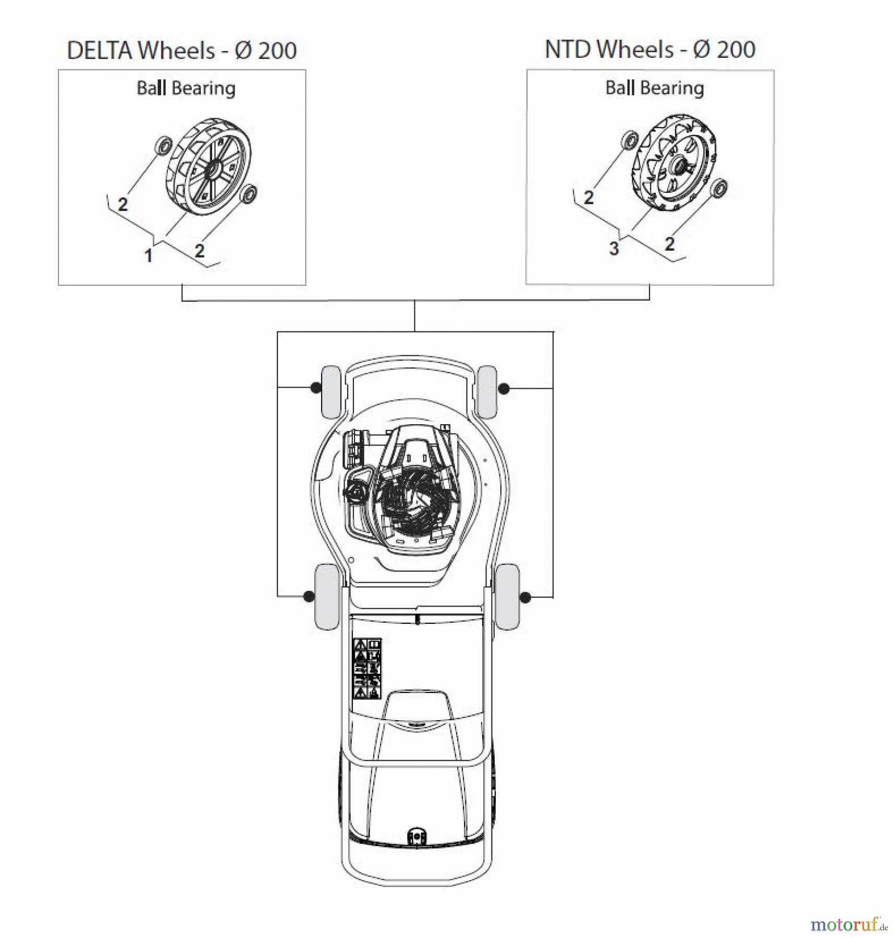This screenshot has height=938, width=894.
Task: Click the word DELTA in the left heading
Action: [99, 51]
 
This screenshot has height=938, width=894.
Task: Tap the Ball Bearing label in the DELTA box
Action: [186, 88]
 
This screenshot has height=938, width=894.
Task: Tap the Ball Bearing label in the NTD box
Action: [654, 88]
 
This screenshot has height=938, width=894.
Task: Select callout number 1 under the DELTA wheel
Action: [149, 255]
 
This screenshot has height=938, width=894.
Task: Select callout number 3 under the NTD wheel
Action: [614, 249]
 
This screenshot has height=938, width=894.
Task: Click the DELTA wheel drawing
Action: [208, 167]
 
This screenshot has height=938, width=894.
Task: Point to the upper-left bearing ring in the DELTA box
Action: [164, 144]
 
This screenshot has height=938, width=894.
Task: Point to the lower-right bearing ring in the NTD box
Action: [720, 188]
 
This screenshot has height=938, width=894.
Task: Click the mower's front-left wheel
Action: [330, 392]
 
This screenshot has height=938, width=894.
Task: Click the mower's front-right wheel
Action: [487, 391]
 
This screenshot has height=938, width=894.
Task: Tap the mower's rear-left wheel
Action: [327, 596]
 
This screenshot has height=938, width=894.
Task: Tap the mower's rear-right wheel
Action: [507, 596]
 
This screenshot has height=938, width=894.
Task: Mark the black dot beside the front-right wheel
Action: [504, 388]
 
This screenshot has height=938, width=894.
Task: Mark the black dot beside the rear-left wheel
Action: [309, 596]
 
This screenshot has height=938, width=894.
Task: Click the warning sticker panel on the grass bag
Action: [368, 669]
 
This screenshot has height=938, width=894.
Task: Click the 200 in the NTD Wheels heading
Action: [736, 50]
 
